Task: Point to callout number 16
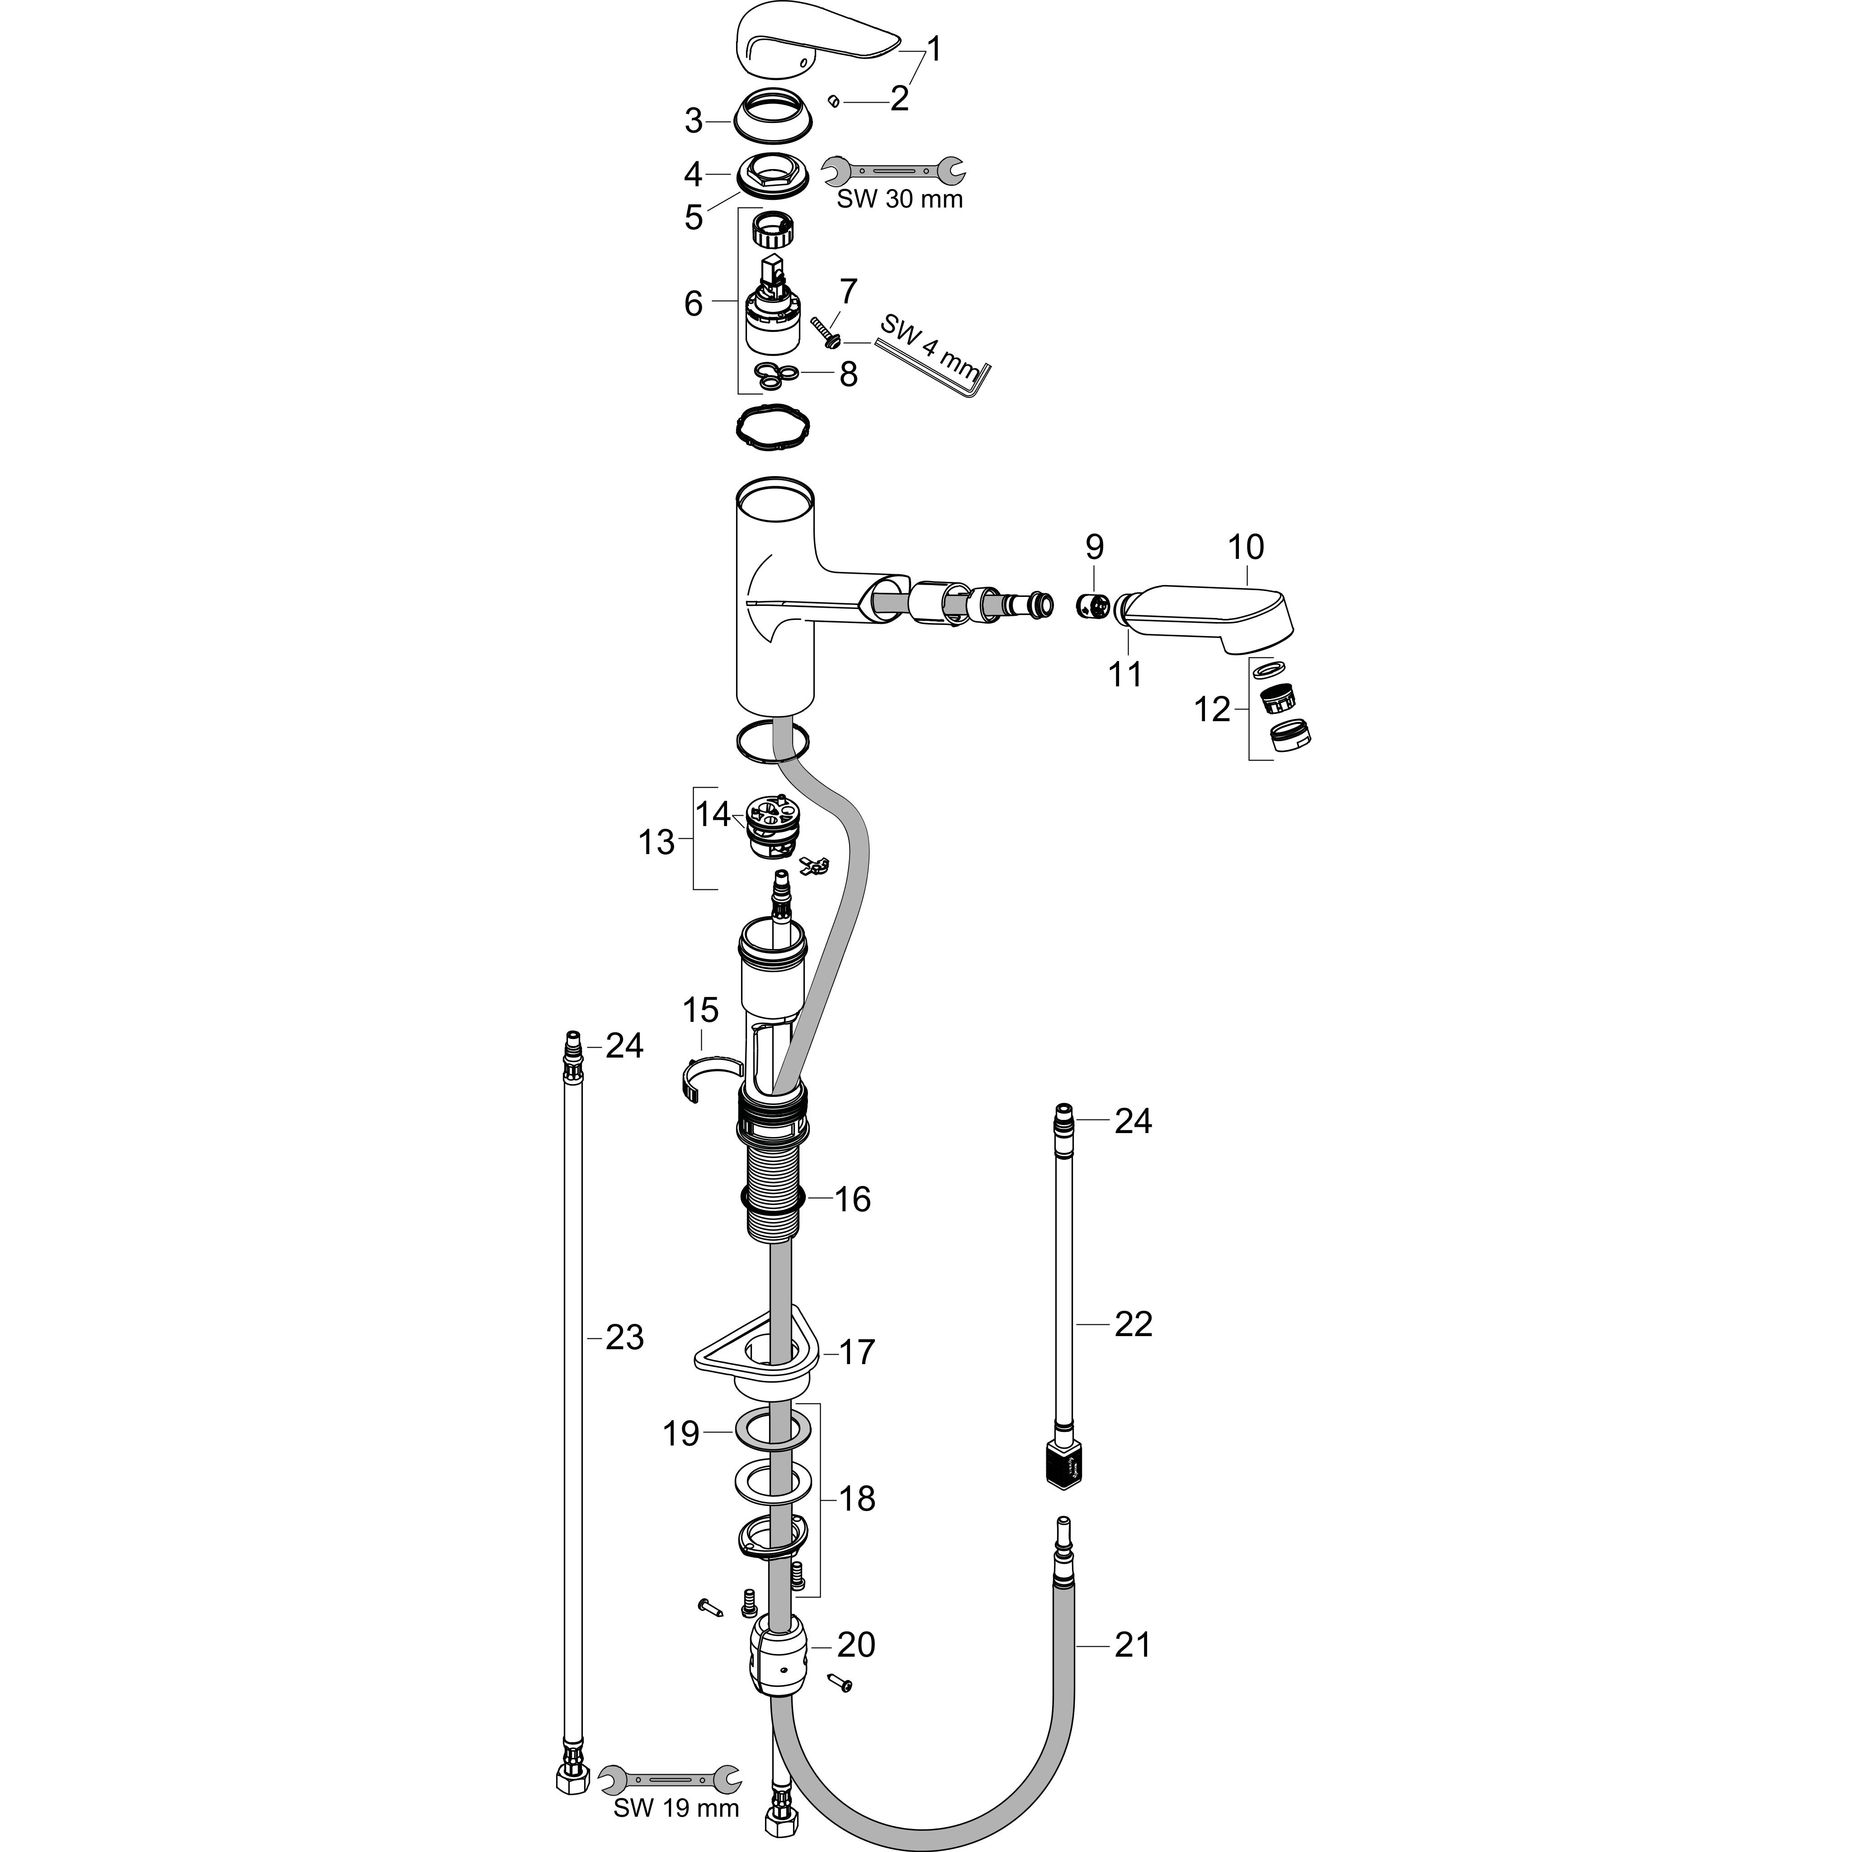click(x=852, y=1199)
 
